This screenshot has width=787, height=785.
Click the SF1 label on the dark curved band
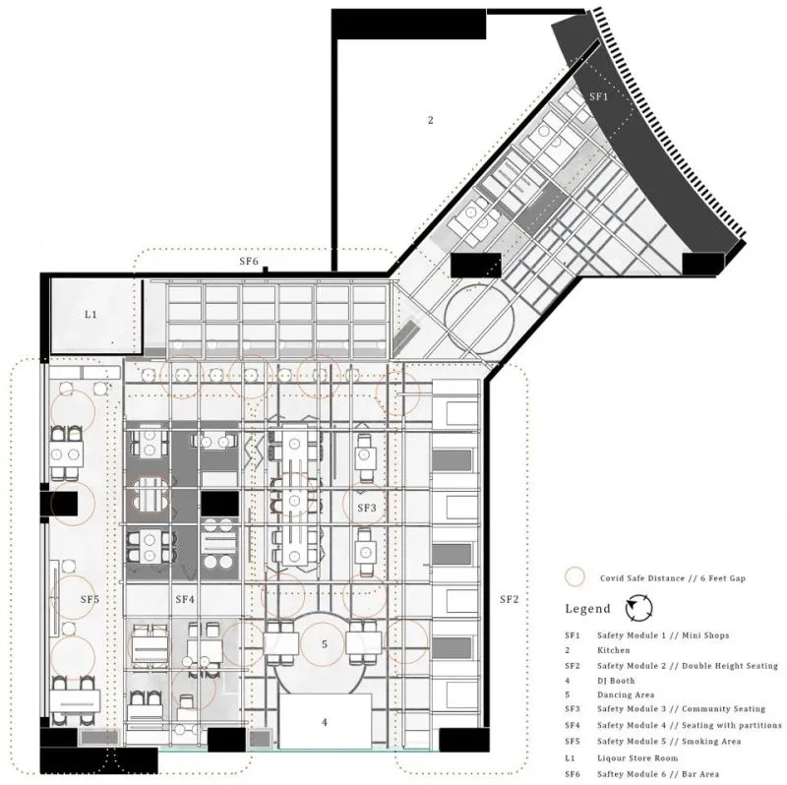pos(599,96)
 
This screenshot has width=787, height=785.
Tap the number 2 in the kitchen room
pos(430,120)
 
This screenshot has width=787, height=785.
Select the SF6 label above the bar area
pos(249,261)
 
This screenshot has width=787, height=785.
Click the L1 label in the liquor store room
pos(91,315)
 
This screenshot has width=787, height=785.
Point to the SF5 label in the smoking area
pos(90,599)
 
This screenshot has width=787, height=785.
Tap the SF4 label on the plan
pos(185,599)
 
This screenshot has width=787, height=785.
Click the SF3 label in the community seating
pos(367,508)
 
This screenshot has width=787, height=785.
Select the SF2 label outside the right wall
pos(509,599)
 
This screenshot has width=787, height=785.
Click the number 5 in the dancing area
pos(325,644)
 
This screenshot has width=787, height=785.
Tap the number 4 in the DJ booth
pos(325,722)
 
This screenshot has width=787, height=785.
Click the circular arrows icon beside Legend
pos(638,608)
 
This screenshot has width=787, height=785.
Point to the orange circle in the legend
pos(575,577)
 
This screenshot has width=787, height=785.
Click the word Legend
pos(587,609)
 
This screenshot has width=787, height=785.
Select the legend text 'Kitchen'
pos(613,650)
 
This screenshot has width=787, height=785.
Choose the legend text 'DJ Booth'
pos(616,681)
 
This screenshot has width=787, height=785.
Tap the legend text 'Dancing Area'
pos(626,694)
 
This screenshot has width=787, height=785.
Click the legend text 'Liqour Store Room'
pos(637,757)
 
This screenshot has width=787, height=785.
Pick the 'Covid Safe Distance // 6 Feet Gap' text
pos(673,578)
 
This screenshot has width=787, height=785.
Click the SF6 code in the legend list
pos(573,774)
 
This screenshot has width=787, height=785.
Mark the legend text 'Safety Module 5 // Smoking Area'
pos(669,742)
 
